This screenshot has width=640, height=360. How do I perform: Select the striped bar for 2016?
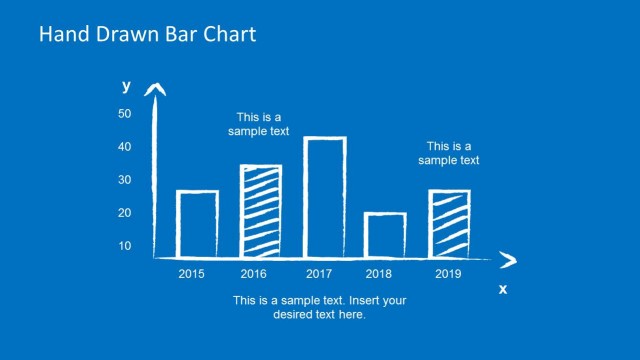(261, 210)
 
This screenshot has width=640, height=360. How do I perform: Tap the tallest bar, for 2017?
(324, 196)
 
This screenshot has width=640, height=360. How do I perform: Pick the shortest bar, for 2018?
(385, 234)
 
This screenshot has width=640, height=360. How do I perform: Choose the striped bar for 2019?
(449, 222)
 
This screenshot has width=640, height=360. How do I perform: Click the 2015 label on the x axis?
(193, 273)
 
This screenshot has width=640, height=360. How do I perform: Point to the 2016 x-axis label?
(255, 273)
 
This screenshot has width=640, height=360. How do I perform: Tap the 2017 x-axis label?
(319, 273)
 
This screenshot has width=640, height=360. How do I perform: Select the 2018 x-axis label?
(378, 273)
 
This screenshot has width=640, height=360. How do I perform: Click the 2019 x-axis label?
(448, 273)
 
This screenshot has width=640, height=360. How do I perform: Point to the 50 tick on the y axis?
(125, 114)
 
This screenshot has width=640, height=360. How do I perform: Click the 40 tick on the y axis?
(125, 147)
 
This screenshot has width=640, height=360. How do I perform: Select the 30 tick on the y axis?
(125, 180)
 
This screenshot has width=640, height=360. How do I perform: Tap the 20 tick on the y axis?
(125, 213)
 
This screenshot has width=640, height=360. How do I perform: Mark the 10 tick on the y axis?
(125, 246)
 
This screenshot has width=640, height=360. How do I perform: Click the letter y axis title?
(126, 85)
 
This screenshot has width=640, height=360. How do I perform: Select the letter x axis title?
(503, 289)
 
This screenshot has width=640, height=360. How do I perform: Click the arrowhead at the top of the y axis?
(155, 91)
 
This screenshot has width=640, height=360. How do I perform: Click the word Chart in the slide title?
(228, 35)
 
